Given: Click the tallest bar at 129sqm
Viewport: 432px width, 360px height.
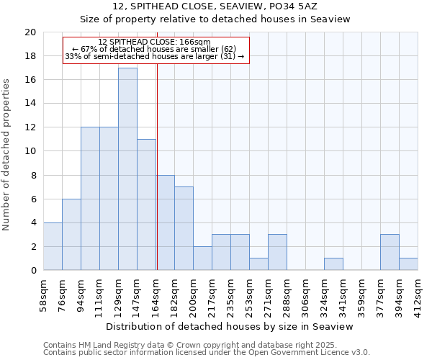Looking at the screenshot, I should point(127,169).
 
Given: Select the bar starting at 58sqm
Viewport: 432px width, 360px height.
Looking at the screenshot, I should point(53,246).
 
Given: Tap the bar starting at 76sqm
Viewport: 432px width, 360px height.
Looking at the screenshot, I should point(71,235).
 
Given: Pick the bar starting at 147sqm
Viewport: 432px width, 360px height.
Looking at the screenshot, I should point(146,204).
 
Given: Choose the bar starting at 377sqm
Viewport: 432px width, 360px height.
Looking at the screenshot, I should point(390,252).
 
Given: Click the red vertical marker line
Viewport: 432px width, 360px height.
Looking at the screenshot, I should point(157,180).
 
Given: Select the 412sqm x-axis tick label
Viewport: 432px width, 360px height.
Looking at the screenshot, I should point(418,294).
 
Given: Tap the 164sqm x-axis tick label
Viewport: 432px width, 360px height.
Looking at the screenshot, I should point(156,294).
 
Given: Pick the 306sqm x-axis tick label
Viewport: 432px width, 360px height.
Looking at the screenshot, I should point(306,294).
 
